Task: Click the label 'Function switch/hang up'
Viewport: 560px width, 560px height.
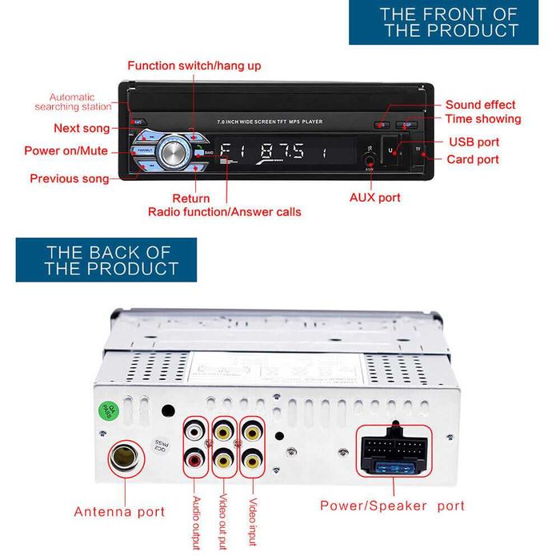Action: [194, 66]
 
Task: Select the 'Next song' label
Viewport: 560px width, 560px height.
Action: [82, 128]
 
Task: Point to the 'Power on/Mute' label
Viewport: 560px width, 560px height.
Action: [66, 150]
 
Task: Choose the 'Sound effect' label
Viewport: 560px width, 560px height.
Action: [480, 105]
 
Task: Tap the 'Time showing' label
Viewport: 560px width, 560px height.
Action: [482, 119]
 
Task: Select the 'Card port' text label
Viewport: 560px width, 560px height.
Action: [473, 159]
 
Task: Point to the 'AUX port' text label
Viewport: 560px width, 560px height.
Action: [375, 197]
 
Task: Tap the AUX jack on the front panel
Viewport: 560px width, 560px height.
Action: [369, 158]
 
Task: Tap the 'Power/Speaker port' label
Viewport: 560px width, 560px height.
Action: [392, 506]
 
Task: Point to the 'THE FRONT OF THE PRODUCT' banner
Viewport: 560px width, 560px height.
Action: [450, 22]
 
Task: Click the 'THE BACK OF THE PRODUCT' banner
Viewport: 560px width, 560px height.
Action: [106, 260]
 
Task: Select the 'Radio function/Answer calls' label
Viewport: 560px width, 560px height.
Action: [224, 212]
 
